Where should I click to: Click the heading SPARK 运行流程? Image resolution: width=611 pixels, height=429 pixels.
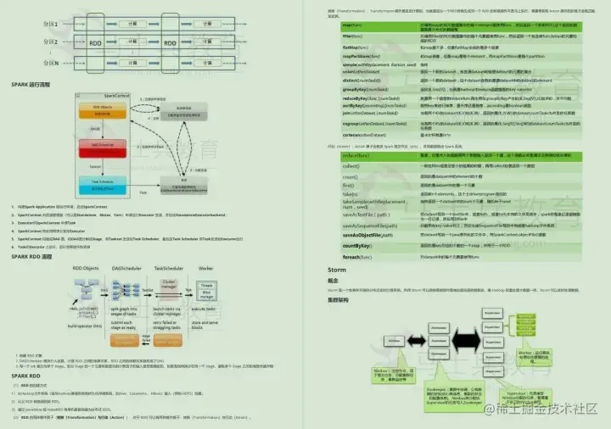pos(31,85)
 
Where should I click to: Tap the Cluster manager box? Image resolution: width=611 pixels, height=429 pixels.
pos(167,285)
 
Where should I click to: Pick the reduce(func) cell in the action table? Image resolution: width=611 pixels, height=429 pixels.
pos(343,156)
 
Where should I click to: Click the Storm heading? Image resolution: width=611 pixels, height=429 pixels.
pos(337,270)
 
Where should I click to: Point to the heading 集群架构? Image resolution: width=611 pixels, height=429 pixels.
pos(340,298)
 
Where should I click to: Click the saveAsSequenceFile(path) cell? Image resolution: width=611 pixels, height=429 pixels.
pos(361,225)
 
